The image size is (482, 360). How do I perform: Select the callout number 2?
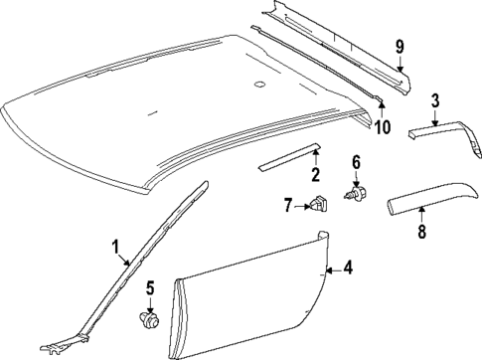(315, 177)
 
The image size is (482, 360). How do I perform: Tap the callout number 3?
(435, 100)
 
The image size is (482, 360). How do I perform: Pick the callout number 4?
(347, 268)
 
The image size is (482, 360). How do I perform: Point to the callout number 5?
(150, 289)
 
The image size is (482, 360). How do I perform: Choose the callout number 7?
(287, 206)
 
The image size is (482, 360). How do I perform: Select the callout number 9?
(401, 47)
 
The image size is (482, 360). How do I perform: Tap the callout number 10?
(383, 128)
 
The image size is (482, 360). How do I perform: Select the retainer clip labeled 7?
(317, 206)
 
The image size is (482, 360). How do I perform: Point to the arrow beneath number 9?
(401, 64)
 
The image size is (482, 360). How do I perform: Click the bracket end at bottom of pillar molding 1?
(55, 346)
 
